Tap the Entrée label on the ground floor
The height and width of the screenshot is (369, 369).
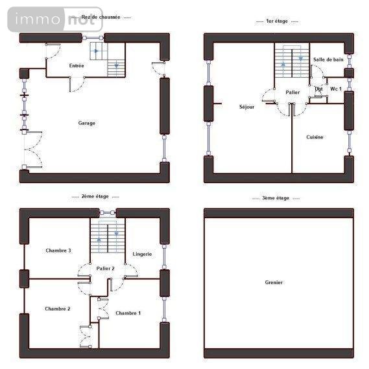click(x=77, y=66)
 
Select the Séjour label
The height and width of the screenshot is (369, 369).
click(x=246, y=107)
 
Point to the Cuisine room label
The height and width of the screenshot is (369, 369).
click(x=315, y=137)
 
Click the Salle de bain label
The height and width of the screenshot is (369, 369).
click(x=328, y=60)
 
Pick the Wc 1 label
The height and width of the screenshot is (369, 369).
click(x=336, y=88)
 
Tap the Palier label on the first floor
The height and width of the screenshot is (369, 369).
click(x=292, y=93)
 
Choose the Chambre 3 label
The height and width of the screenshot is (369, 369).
click(x=58, y=251)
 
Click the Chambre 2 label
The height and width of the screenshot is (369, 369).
click(x=58, y=309)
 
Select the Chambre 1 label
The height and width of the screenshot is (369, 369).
click(x=128, y=313)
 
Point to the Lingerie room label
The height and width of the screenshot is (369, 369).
click(x=142, y=254)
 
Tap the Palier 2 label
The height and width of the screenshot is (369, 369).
click(x=105, y=268)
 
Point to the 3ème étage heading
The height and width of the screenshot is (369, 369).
click(x=277, y=198)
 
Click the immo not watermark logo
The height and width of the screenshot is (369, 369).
click(x=55, y=20)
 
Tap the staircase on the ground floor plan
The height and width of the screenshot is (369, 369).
click(x=106, y=57)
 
